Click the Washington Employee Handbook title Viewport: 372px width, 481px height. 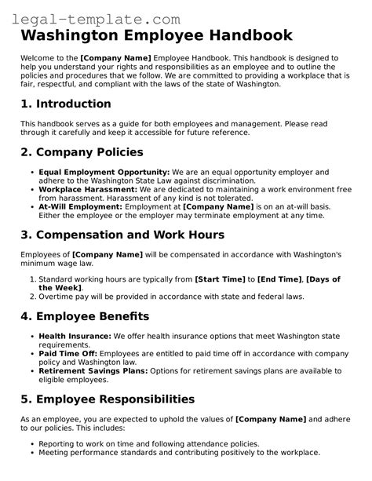157,36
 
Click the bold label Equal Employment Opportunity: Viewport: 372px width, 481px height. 104,171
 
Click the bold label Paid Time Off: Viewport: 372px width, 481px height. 68,352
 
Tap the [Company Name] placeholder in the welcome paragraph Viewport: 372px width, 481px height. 115,59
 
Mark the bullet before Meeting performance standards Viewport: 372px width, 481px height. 32,453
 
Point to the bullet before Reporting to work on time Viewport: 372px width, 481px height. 32,444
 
